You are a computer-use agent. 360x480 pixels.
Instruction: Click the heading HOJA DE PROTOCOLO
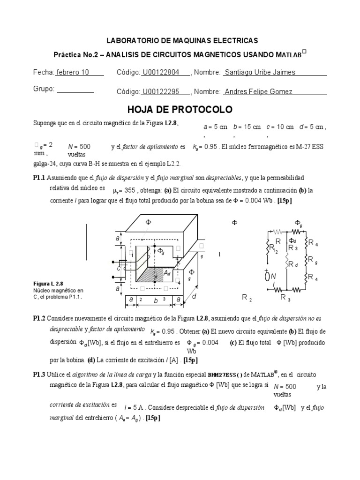(x=180, y=110)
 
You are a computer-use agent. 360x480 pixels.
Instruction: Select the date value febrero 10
(x=73, y=72)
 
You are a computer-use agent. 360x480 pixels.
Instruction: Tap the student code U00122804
(x=159, y=72)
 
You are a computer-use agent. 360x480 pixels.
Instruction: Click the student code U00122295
(x=159, y=92)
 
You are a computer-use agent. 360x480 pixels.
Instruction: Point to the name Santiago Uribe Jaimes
(x=260, y=72)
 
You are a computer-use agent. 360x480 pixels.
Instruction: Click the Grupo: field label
(x=44, y=89)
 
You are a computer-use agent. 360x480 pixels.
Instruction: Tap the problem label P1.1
(x=39, y=178)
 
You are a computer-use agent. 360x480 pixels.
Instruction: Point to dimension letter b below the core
(x=155, y=299)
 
